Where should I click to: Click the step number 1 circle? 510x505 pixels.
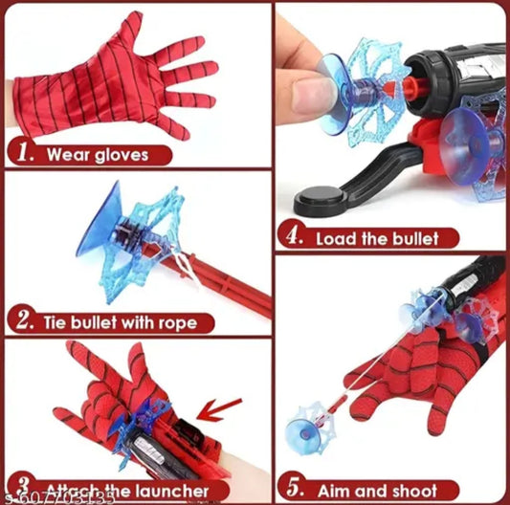[25, 152]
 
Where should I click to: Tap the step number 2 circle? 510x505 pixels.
[25, 321]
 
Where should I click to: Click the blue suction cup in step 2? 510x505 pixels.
[97, 235]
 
